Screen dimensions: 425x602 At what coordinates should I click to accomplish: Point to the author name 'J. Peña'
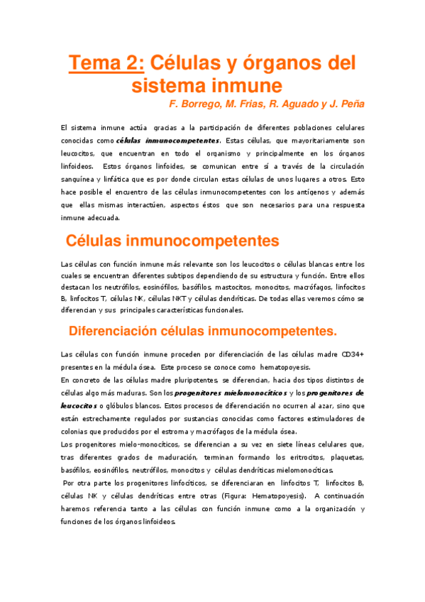click(345, 104)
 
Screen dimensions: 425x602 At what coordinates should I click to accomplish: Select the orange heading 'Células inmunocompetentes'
click(172, 241)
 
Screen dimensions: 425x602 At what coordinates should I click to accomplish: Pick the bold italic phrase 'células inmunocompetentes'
click(167, 141)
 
